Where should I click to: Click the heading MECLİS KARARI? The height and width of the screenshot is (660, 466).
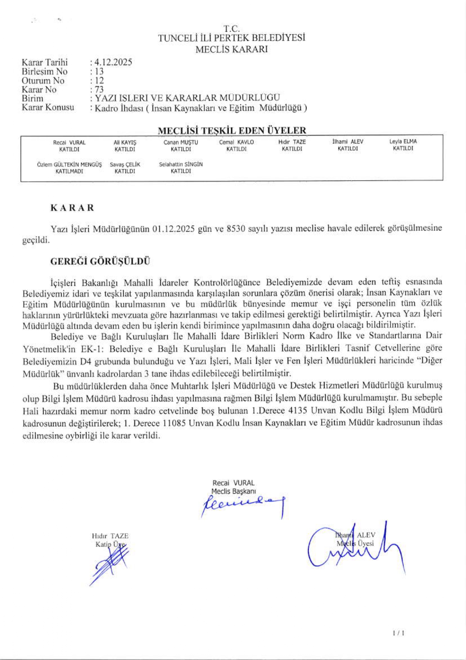point(231,49)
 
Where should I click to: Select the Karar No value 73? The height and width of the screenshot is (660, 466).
point(99,90)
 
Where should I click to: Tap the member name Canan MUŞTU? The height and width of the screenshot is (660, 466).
point(181,142)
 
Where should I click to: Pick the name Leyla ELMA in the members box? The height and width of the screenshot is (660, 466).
point(403,141)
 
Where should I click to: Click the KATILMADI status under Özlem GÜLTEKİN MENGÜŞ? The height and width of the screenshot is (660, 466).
point(69,171)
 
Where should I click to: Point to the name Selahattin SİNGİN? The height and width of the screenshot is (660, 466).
point(181,164)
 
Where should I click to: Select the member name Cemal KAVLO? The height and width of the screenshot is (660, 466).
point(236,142)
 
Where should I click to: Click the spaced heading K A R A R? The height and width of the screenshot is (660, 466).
point(72,208)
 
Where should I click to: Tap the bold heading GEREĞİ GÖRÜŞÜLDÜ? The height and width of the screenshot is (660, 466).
point(100,262)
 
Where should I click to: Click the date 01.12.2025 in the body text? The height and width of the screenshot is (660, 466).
point(173,229)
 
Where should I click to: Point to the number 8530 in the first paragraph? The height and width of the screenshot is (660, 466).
point(236,229)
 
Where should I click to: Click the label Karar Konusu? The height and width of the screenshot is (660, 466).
point(48,108)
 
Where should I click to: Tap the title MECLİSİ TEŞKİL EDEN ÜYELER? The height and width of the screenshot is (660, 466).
point(232,131)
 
